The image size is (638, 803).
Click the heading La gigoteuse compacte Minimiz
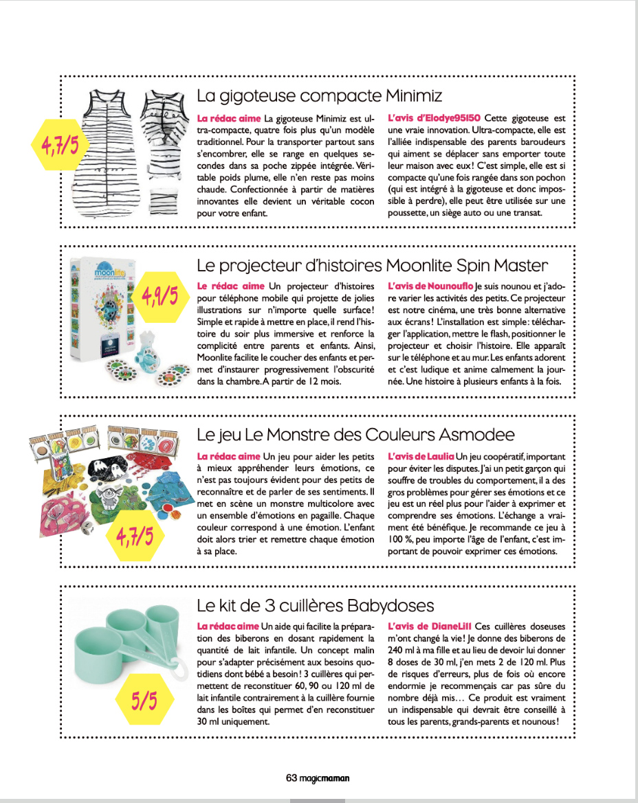[x=319, y=95]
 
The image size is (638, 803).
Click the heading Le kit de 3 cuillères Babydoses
[x=316, y=605]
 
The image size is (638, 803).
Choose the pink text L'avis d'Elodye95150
[x=434, y=118]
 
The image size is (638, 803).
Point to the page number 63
[x=291, y=778]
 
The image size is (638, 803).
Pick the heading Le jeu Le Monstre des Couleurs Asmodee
[x=355, y=435]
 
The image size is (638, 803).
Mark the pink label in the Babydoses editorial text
[x=228, y=626]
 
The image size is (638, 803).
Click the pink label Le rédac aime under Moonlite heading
[x=230, y=286]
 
